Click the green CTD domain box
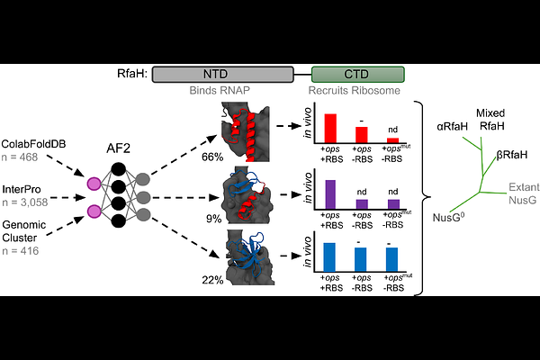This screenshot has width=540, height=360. (x=357, y=76)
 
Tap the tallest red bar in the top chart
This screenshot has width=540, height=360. (x=330, y=128)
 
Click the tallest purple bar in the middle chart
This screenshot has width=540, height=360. (x=330, y=194)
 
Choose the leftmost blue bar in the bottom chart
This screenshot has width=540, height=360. (x=330, y=257)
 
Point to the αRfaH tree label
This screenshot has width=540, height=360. (x=452, y=128)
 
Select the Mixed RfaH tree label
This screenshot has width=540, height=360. (x=490, y=119)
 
